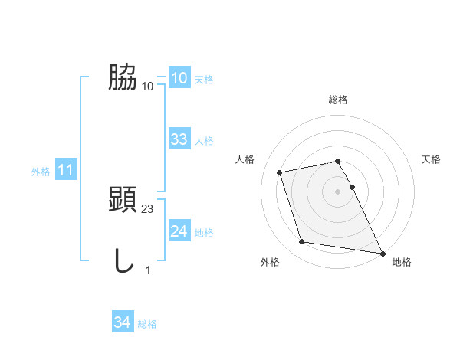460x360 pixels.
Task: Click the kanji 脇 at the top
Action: [123, 78]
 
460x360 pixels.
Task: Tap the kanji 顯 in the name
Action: [123, 201]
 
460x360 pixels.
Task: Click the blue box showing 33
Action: [179, 139]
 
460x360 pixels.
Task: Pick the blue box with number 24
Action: [179, 231]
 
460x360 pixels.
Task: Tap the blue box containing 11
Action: [66, 171]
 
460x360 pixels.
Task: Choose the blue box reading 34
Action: [122, 323]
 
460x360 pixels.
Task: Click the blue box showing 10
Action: [179, 78]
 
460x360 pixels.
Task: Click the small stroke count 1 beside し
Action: [148, 270]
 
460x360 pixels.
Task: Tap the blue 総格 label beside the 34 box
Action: [147, 324]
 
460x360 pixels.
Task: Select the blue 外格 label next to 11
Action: [41, 172]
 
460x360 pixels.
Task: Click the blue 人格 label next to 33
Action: [204, 141]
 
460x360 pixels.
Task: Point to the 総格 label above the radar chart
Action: [338, 100]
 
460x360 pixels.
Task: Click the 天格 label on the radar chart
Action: [431, 159]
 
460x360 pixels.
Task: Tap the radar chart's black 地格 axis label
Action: [402, 262]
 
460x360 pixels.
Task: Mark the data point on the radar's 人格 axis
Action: [280, 172]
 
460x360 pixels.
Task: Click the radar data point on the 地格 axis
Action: [381, 251]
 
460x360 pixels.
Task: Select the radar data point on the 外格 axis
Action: [302, 242]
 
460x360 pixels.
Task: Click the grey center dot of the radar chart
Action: [338, 191]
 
